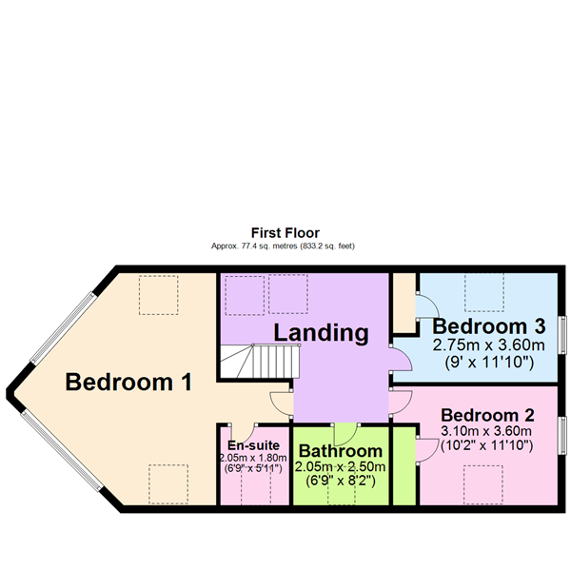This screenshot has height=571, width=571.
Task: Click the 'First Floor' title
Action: pyautogui.click(x=285, y=233)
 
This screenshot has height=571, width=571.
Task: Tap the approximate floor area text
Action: pyautogui.click(x=283, y=246)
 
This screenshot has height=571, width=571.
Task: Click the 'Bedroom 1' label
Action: pyautogui.click(x=128, y=382)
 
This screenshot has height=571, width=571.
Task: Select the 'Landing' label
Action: pyautogui.click(x=321, y=333)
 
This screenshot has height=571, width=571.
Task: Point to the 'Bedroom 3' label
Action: pyautogui.click(x=489, y=326)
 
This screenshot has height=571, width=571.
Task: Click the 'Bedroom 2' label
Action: pyautogui.click(x=487, y=415)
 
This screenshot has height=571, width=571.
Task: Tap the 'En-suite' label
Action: pyautogui.click(x=253, y=445)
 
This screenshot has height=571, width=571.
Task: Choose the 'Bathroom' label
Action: pyautogui.click(x=341, y=451)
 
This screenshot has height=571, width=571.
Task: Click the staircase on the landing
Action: pyautogui.click(x=259, y=362)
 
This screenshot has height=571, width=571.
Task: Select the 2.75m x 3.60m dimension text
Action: pyautogui.click(x=488, y=345)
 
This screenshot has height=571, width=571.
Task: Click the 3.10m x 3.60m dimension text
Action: pyautogui.click(x=486, y=431)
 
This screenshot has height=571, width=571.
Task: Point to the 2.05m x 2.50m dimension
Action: pyautogui.click(x=340, y=466)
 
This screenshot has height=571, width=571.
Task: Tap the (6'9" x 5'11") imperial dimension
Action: pyautogui.click(x=253, y=468)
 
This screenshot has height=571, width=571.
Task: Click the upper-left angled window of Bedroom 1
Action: pyautogui.click(x=63, y=327)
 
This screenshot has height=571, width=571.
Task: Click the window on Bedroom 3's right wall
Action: pyautogui.click(x=563, y=335)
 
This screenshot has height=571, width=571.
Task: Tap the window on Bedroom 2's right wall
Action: pyautogui.click(x=563, y=435)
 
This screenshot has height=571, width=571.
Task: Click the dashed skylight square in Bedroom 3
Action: pyautogui.click(x=484, y=292)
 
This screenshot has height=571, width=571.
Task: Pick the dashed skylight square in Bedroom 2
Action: pyautogui.click(x=483, y=484)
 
